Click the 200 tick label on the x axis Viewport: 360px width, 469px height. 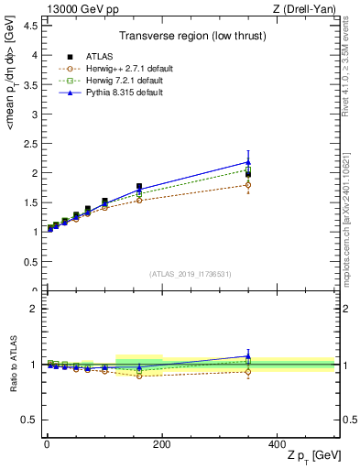click(x=161, y=444)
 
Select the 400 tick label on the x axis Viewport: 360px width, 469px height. click(x=277, y=444)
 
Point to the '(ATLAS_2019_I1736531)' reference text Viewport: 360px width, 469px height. click(x=190, y=274)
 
